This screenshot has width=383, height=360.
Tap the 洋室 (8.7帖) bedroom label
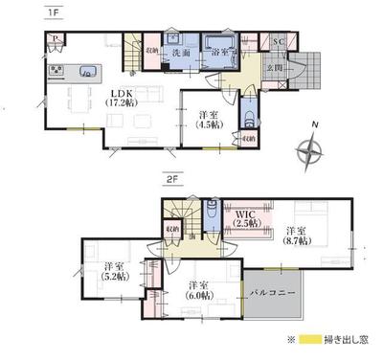coord(297,236)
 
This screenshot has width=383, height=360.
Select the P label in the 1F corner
coord(56,41)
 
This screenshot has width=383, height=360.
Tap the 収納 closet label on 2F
coord(172,229)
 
